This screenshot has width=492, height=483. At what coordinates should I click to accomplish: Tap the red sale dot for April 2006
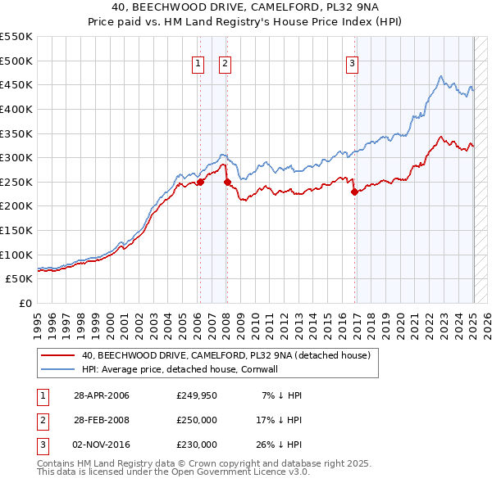pos(199,183)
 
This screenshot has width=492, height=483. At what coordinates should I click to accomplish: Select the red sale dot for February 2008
pos(226,182)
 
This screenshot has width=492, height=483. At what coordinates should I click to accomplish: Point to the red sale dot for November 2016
pos(354,192)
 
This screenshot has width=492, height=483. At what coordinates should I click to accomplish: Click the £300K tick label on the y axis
pos(16,157)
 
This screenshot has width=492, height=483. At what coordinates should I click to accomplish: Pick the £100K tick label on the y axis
pos(16,255)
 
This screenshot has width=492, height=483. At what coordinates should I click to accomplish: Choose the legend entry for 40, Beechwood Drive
pos(226,355)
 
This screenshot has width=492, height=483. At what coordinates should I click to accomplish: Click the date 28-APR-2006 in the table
pos(102,395)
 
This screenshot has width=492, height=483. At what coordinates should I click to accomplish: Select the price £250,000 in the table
pos(197,420)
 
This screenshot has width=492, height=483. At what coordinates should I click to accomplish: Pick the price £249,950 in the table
pos(197,395)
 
